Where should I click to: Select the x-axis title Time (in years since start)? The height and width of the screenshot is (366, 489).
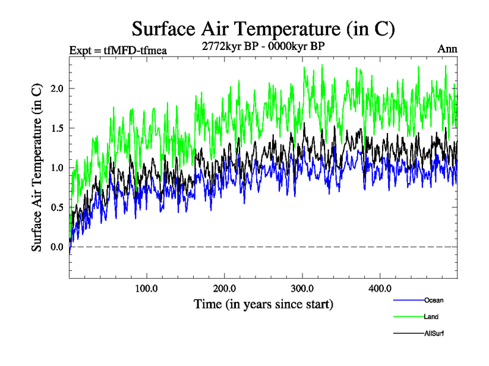[x=263, y=303]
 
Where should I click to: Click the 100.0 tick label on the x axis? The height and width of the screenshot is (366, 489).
[x=146, y=289]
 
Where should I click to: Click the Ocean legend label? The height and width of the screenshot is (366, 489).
[x=433, y=300]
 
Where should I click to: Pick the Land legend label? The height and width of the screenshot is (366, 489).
[x=431, y=317]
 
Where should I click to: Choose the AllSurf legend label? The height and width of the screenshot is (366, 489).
[x=433, y=333]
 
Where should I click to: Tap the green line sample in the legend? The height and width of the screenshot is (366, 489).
[x=408, y=317]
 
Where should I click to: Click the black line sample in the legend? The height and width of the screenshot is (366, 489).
[x=408, y=333]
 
